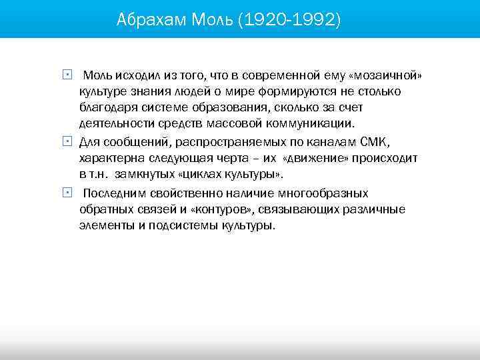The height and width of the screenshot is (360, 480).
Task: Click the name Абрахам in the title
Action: click(151, 20)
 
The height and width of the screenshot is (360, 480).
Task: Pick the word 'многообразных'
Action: click(323, 193)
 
